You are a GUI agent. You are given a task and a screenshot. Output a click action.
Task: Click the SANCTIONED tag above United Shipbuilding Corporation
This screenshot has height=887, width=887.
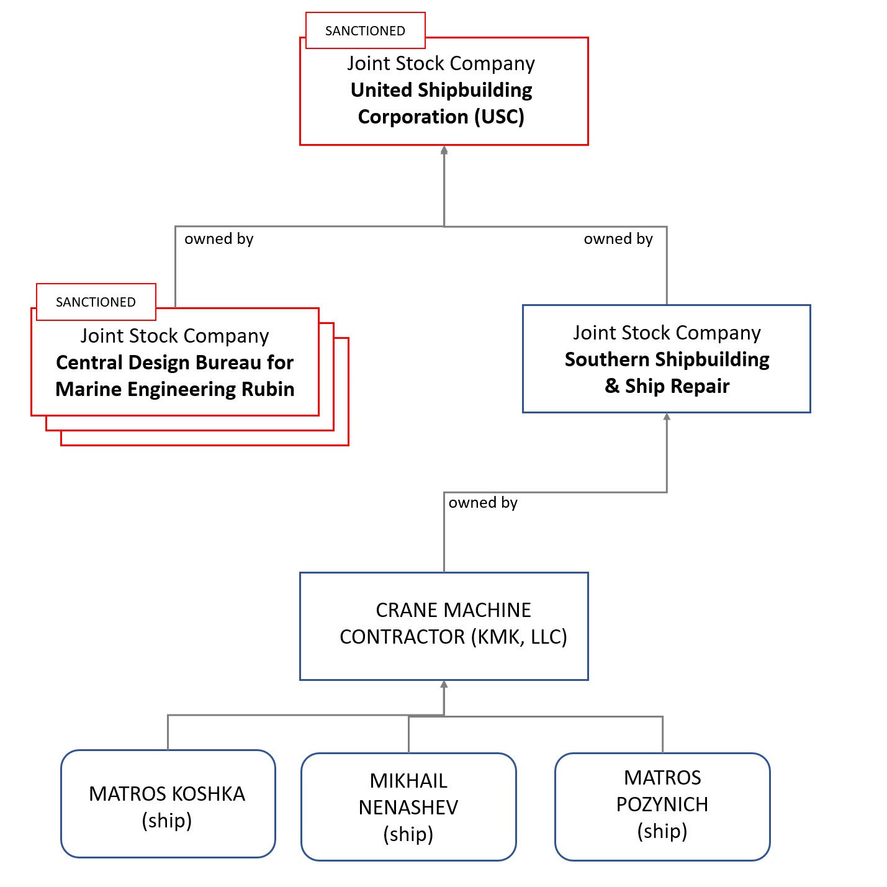click(365, 30)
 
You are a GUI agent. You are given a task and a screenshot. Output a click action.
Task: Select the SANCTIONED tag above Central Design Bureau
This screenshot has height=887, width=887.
click(96, 302)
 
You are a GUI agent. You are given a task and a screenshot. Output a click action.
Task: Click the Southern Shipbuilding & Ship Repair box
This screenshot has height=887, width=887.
click(666, 359)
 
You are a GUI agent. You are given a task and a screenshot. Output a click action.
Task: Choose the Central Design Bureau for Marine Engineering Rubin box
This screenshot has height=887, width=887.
click(174, 362)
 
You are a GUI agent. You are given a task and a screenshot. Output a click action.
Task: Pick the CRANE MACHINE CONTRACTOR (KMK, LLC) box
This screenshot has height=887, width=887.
click(443, 626)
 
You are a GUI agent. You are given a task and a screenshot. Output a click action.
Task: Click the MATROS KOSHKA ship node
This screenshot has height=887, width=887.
click(168, 804)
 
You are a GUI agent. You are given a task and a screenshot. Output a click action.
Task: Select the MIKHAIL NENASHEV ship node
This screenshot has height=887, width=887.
click(408, 807)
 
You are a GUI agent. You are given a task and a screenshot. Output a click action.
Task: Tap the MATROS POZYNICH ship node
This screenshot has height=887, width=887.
click(662, 806)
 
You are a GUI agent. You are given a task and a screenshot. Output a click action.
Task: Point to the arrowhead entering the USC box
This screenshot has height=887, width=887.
click(444, 150)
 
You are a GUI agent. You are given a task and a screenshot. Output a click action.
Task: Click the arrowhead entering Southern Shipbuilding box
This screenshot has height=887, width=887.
click(667, 417)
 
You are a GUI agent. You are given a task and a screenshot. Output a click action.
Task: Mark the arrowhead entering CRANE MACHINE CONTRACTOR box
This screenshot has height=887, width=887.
click(444, 685)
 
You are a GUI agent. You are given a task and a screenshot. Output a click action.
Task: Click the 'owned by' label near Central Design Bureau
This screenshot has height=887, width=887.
click(218, 239)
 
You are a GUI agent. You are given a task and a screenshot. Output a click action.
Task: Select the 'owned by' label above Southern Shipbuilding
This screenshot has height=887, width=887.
click(618, 239)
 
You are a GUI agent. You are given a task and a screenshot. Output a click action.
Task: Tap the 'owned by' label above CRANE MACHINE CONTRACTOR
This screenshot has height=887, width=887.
click(483, 503)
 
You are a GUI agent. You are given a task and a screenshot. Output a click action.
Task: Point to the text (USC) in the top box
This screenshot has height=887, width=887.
click(500, 117)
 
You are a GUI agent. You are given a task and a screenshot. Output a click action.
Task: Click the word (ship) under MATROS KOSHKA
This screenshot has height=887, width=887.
click(166, 821)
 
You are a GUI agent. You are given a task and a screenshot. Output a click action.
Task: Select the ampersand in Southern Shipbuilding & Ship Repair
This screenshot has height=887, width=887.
click(612, 386)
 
